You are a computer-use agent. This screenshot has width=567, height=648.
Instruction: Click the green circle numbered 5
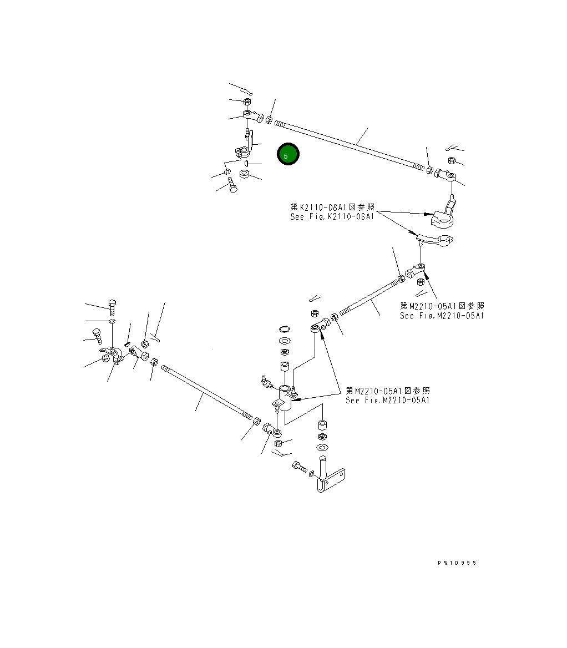coord(288,155)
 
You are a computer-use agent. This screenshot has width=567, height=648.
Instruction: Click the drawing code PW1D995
coord(457,563)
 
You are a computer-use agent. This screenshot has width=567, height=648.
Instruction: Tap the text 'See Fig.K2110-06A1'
coord(332,217)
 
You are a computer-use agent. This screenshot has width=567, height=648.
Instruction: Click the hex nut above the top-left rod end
coord(246,102)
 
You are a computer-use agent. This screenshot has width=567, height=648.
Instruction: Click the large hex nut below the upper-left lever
coord(243,174)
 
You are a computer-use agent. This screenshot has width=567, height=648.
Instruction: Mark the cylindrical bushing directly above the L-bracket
coord(321,425)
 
